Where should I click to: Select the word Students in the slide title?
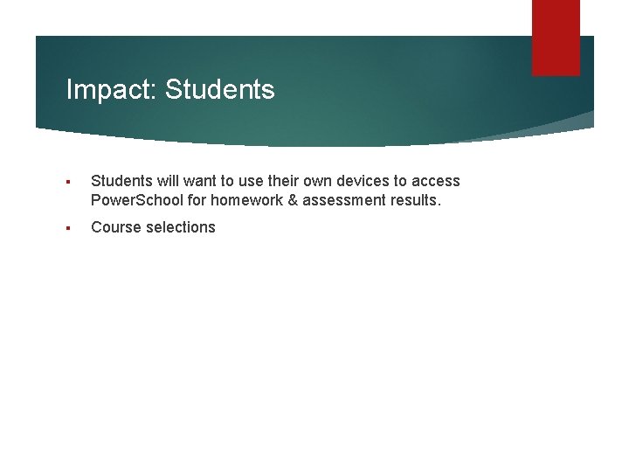point(219,89)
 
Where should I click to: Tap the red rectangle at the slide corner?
point(556,38)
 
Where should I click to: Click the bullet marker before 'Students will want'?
point(68,182)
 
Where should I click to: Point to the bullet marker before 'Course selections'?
point(68,228)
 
